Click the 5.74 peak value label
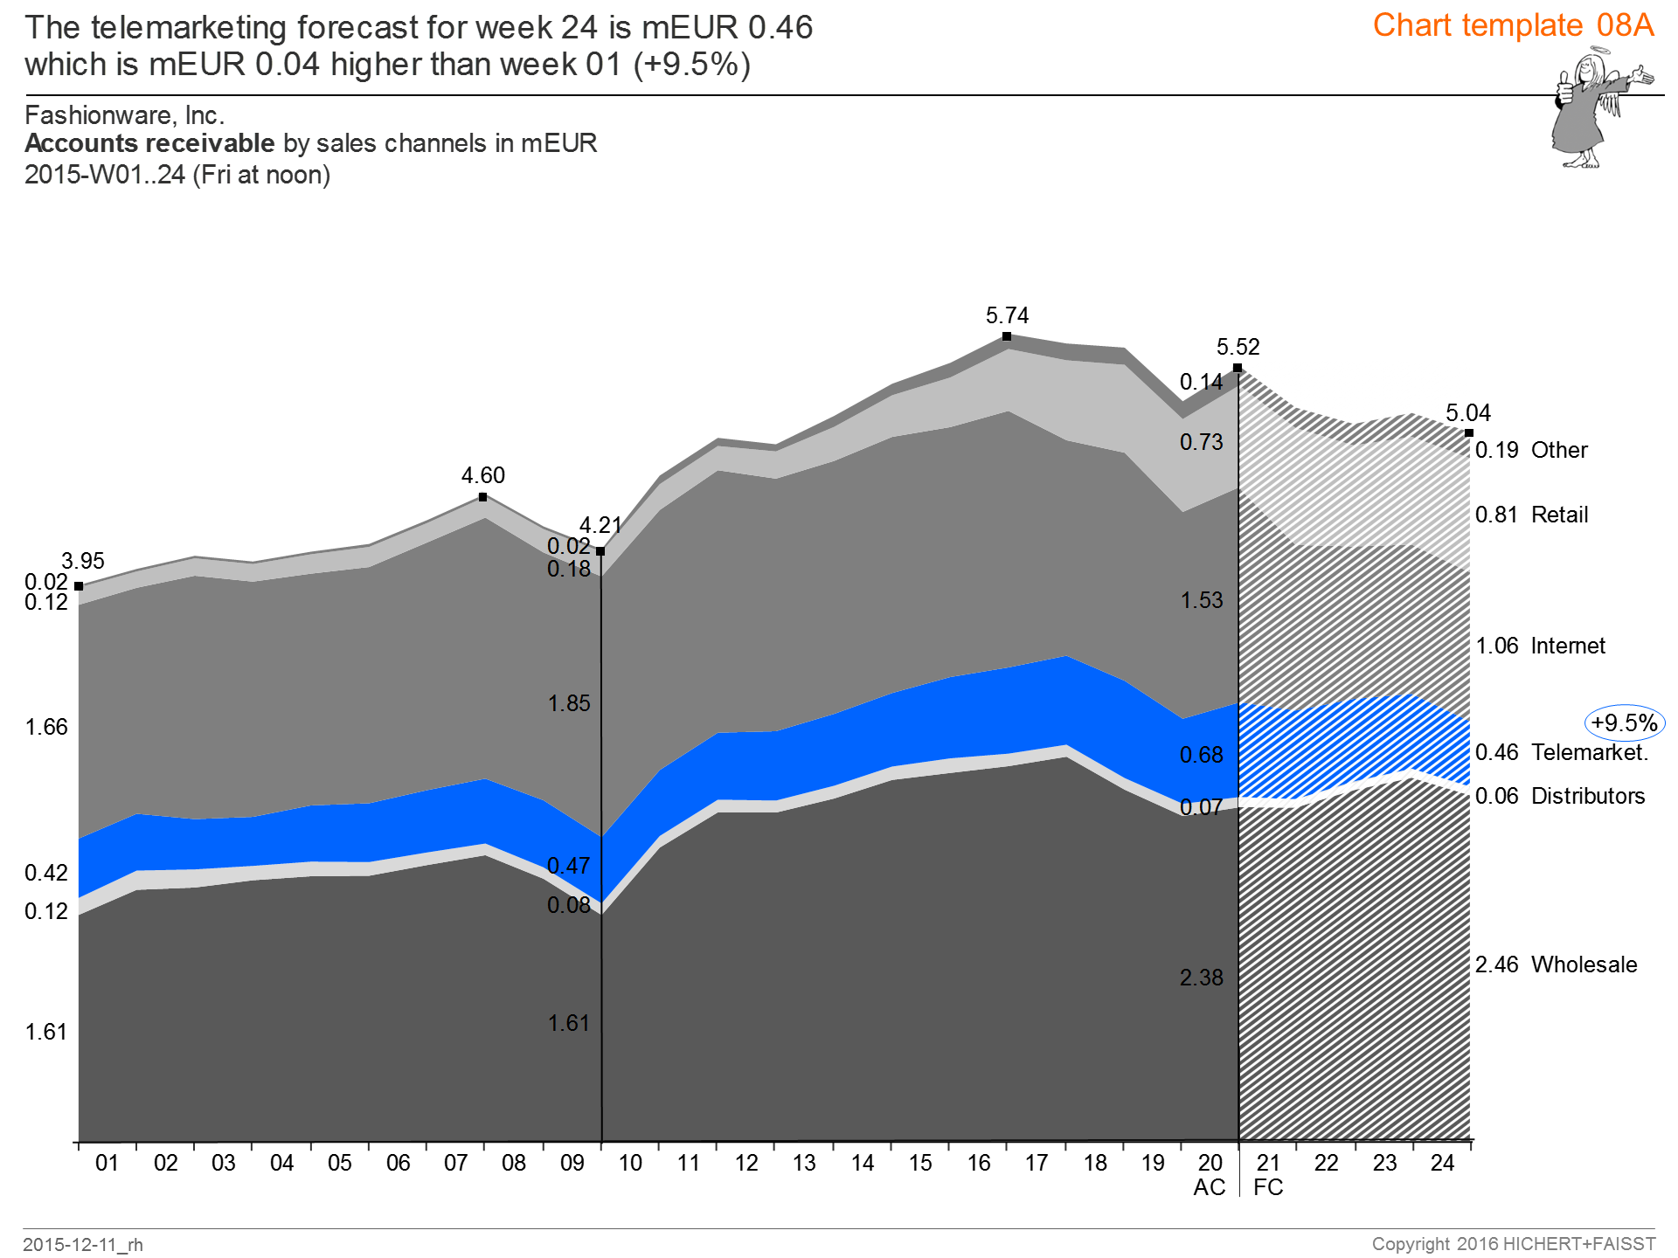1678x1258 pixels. click(1007, 315)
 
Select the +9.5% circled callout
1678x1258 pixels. click(1624, 723)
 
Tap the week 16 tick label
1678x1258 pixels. click(979, 1163)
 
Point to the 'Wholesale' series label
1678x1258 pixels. click(1584, 964)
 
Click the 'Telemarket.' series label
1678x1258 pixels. click(1590, 752)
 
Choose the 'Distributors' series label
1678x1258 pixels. click(1588, 796)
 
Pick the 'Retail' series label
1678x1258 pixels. click(1559, 515)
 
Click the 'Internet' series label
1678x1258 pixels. click(1568, 646)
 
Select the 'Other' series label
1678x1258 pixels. click(1559, 450)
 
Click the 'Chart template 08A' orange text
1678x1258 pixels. click(1513, 25)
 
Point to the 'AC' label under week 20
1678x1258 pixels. click(1210, 1187)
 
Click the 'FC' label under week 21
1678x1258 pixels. click(1268, 1187)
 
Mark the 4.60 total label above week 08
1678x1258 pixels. click(483, 475)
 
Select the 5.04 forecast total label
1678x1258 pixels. click(1468, 413)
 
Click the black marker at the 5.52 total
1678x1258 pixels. click(1238, 368)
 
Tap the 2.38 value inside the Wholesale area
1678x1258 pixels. click(1202, 978)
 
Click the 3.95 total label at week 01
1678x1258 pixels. click(83, 561)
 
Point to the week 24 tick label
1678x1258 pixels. click(1443, 1163)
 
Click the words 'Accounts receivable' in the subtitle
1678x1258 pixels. click(149, 143)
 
